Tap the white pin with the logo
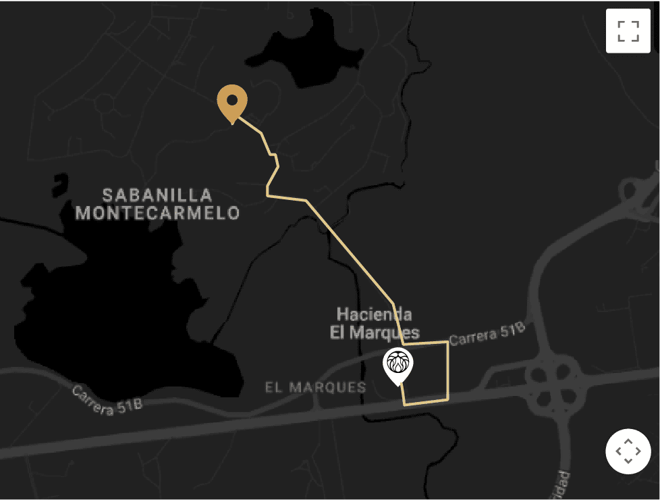pos(398,366)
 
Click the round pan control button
pos(628,451)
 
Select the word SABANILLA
pos(157,196)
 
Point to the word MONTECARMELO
pos(157,214)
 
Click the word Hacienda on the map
pos(375,314)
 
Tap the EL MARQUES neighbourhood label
pos(315,388)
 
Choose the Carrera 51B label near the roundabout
pos(487,333)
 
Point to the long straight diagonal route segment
pos(351,253)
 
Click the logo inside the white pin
pos(398,363)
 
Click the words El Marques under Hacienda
pos(375,332)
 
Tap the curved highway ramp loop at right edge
pos(638,196)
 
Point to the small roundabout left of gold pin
pos(105,104)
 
